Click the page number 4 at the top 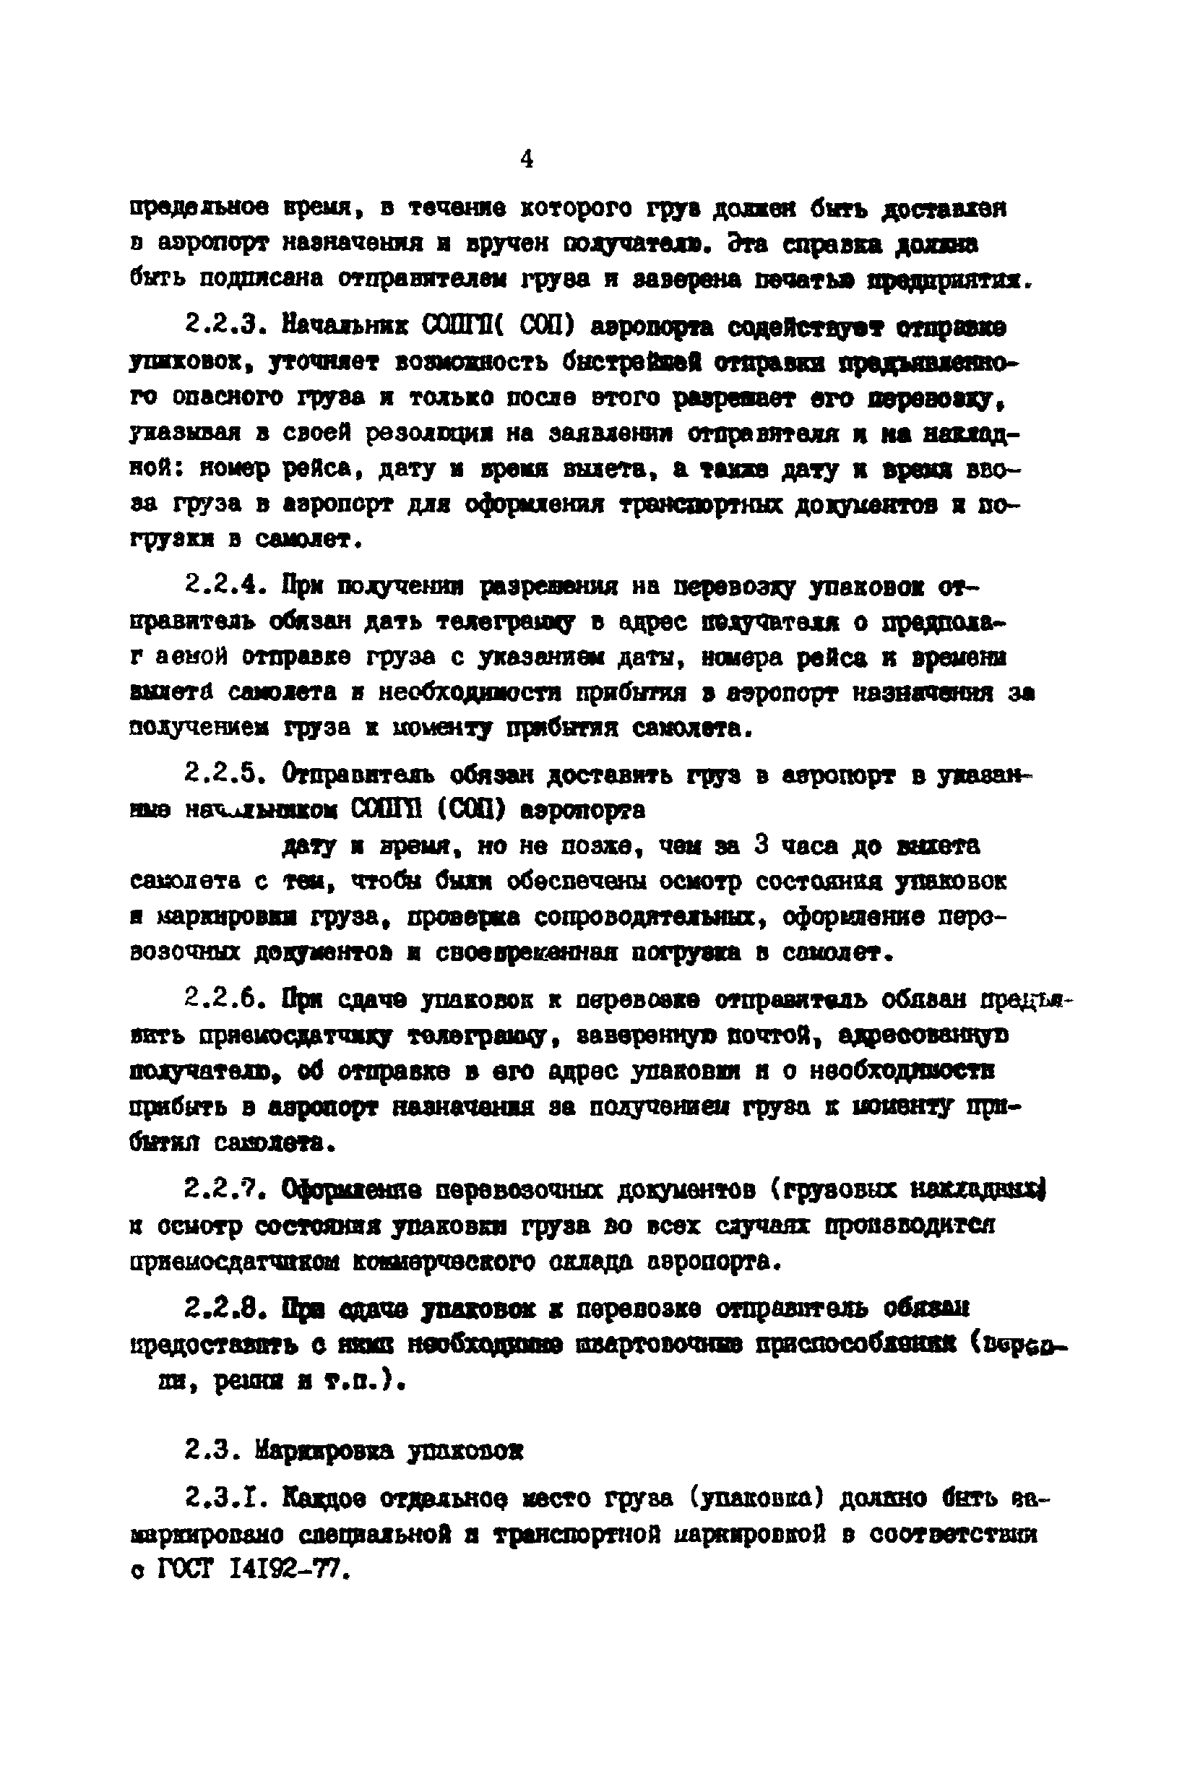[527, 159]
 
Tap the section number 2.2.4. [224, 587]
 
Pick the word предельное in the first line [197, 208]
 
